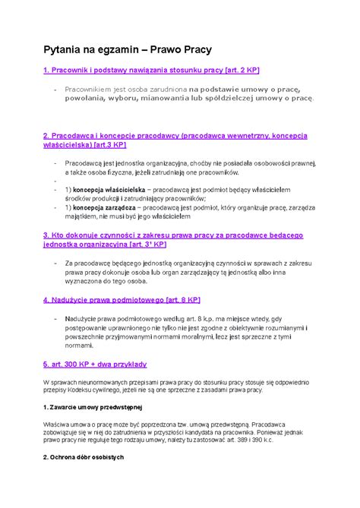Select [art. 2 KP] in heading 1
coord(237,71)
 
